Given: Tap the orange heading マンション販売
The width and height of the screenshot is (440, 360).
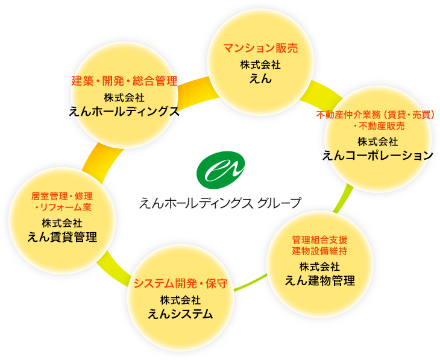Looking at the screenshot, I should tap(261, 48).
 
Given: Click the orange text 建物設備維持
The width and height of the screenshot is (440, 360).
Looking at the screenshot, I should tap(319, 250).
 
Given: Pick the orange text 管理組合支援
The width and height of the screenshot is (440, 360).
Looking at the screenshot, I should tap(319, 239).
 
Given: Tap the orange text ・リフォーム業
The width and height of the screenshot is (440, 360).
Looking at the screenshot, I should tap(63, 207).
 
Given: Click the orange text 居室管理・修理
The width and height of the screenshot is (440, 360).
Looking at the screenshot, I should tap(63, 196).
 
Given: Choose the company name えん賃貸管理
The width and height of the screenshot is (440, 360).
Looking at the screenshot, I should tap(63, 236).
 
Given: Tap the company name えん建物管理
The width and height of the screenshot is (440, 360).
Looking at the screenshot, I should tap(319, 280).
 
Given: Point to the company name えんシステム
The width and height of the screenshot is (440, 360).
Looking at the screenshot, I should tap(181, 314).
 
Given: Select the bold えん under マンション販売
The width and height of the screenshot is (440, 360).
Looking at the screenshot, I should tap(261, 78).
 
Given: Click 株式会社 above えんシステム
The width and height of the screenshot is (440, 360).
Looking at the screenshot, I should tap(181, 300).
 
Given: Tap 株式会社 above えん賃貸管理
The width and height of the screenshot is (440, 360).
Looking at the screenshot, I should tap(63, 223).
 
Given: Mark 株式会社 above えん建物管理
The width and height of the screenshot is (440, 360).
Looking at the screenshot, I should tap(319, 266).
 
